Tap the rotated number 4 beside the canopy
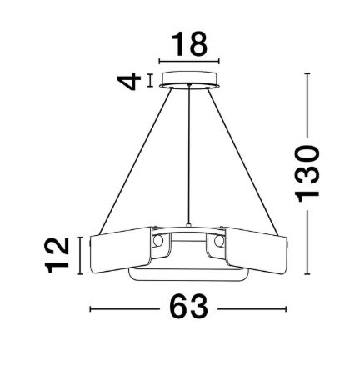[128, 82]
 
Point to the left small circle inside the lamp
[156, 242]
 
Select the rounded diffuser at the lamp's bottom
[189, 273]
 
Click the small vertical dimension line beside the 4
[150, 81]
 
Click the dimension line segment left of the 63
[125, 309]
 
